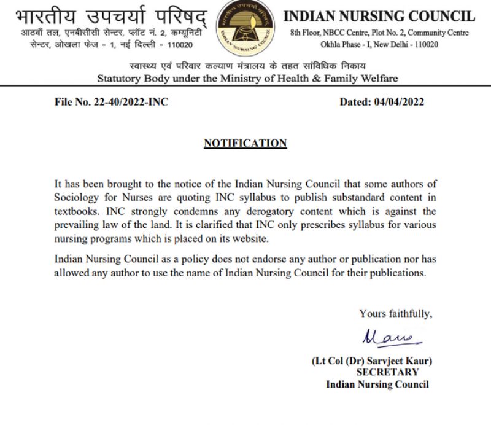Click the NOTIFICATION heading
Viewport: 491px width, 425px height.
pos(245,144)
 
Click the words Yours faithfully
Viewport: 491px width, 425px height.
pos(395,314)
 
